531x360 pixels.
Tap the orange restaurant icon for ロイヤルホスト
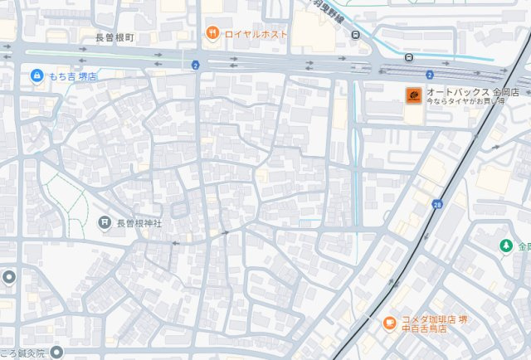coord(212,33)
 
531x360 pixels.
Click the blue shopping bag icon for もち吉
coord(37,75)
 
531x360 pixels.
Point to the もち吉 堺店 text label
coord(74,76)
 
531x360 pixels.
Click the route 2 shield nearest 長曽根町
coord(196,66)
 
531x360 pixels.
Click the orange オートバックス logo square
coord(412,95)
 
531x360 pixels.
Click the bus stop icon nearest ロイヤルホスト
coord(355,35)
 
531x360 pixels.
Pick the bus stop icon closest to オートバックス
coord(410,56)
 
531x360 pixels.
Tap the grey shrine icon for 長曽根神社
coord(105,221)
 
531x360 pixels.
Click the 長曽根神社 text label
coord(139,222)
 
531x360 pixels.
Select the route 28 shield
coord(437,203)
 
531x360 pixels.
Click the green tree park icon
coord(505,246)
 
